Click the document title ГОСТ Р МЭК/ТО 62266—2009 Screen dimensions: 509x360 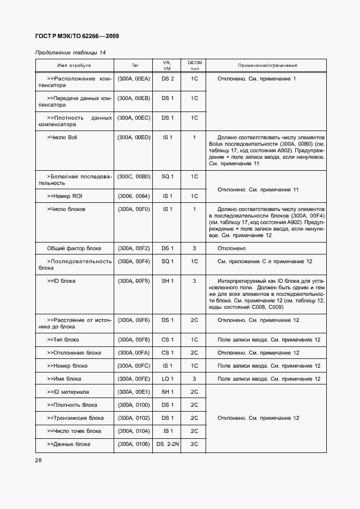(x=77, y=36)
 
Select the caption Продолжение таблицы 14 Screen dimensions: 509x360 (x=70, y=52)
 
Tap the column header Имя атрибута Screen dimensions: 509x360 (x=75, y=65)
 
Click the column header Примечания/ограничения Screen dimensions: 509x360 (x=267, y=65)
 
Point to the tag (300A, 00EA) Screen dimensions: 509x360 (x=134, y=79)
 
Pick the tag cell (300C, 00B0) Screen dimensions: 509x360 (x=134, y=177)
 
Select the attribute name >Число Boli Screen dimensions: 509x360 (x=62, y=138)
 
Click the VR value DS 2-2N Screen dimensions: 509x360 (x=168, y=444)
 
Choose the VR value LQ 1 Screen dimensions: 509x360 (x=168, y=379)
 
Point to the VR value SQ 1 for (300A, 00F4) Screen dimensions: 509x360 (x=168, y=262)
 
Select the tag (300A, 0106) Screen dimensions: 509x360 (x=134, y=444)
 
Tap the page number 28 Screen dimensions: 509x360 (x=39, y=461)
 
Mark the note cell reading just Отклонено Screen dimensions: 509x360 (x=232, y=249)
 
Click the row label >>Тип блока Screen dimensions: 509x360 (x=63, y=340)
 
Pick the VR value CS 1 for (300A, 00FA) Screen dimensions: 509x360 (x=168, y=353)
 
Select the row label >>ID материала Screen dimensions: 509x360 (x=68, y=392)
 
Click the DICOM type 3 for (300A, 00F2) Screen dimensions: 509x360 (x=194, y=249)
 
